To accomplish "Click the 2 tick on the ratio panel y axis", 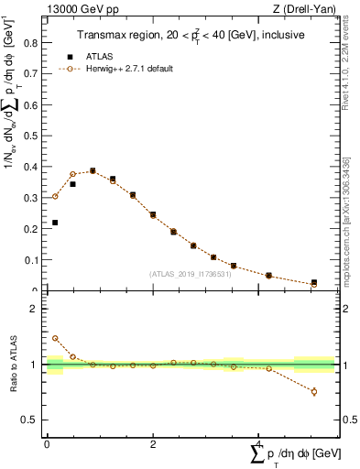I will (x=38, y=309).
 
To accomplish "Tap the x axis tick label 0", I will (x=47, y=443).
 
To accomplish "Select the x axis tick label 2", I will (x=153, y=443).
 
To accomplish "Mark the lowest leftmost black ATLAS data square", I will (x=55, y=223).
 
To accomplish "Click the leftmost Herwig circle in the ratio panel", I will (x=55, y=338).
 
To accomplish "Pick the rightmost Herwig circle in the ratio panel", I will (x=314, y=391).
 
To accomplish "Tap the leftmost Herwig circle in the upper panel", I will (x=55, y=196).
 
